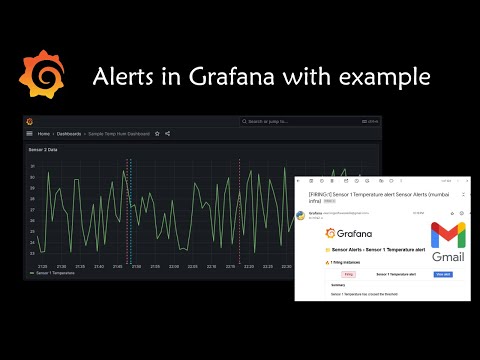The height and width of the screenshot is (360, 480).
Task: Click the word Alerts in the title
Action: click(x=124, y=77)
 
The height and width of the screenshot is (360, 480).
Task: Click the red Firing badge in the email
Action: click(x=349, y=272)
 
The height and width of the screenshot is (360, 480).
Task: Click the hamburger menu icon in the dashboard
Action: click(x=29, y=133)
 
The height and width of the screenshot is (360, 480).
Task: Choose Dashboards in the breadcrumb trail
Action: click(x=69, y=133)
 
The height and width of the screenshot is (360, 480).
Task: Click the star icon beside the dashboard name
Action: click(x=156, y=133)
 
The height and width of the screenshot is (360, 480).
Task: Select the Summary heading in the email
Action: click(x=338, y=287)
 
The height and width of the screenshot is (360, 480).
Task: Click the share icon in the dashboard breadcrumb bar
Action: click(x=167, y=133)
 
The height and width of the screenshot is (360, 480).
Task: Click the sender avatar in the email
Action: click(x=302, y=214)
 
